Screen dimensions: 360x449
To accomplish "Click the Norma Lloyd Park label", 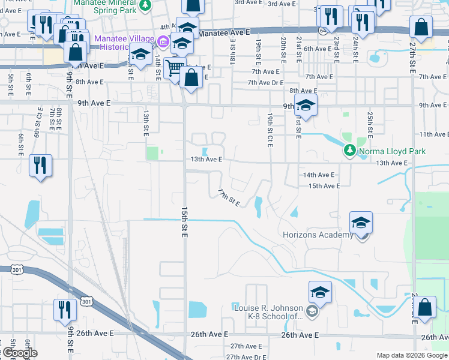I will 392,151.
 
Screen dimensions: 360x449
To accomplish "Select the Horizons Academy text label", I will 318,235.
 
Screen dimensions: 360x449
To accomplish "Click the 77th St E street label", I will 229,197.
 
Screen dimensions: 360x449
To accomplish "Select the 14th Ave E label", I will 318,175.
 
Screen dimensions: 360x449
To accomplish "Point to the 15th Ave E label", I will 324,186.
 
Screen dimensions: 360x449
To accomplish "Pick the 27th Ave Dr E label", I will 246,356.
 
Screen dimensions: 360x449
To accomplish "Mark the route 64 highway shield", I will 322,32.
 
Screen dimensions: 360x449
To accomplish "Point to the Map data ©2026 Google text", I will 411,355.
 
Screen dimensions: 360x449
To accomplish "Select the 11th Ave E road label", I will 434,134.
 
